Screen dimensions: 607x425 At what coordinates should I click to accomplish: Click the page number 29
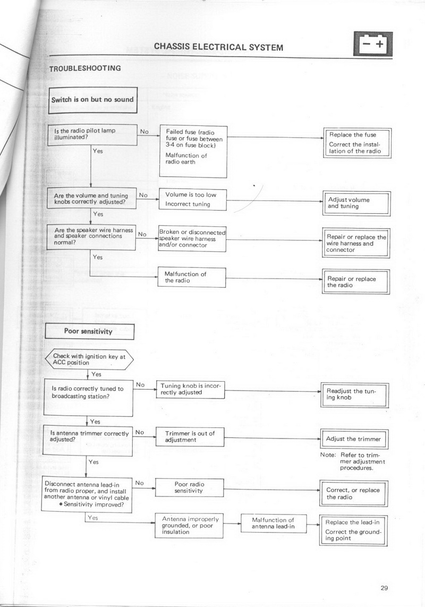click(x=385, y=587)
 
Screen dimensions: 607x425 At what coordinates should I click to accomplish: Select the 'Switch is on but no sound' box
click(x=92, y=99)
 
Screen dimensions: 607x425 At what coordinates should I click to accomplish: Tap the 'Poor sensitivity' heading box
click(x=88, y=331)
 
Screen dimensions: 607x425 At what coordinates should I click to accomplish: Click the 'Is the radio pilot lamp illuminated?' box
click(x=91, y=133)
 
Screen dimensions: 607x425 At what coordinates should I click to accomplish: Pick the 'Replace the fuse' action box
click(x=357, y=143)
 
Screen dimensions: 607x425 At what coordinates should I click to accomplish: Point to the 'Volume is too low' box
click(x=193, y=199)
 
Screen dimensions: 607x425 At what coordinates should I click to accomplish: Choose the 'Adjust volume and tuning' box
click(x=356, y=203)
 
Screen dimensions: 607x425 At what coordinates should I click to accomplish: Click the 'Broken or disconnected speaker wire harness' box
click(x=192, y=239)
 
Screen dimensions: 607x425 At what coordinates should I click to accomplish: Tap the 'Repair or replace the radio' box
click(x=356, y=282)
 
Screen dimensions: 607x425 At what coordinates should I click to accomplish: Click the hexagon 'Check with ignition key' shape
click(x=89, y=360)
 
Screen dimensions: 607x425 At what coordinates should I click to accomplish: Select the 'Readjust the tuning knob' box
click(x=354, y=394)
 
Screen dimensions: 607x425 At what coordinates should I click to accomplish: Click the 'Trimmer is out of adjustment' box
click(x=190, y=437)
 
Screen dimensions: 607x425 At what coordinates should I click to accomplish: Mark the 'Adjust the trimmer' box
click(x=354, y=440)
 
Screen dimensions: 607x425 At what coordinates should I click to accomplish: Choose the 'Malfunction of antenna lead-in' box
click(x=273, y=524)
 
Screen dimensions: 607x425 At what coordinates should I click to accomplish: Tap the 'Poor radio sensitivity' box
click(x=189, y=488)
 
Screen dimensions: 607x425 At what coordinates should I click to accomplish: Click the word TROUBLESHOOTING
click(x=85, y=68)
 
